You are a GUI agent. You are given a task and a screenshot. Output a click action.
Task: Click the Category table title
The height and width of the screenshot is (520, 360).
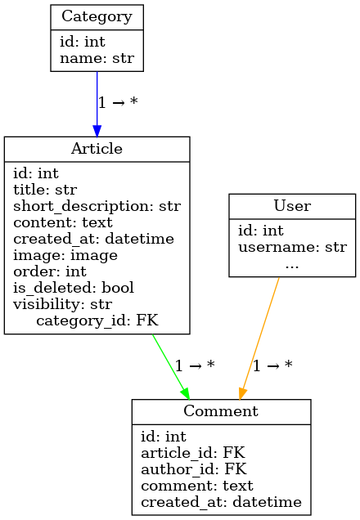click(x=97, y=16)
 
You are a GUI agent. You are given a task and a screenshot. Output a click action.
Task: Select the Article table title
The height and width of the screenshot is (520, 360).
click(x=97, y=148)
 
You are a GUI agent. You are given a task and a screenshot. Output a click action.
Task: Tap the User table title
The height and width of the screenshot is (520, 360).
click(x=292, y=205)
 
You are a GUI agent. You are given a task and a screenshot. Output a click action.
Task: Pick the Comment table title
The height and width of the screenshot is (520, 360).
click(x=221, y=411)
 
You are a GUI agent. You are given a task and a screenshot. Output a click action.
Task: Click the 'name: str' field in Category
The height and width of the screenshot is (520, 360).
click(x=97, y=58)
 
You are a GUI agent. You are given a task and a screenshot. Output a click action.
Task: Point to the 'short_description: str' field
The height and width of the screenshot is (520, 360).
click(x=97, y=206)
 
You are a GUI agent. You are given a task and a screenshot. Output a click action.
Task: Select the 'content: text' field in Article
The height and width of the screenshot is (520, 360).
click(x=63, y=222)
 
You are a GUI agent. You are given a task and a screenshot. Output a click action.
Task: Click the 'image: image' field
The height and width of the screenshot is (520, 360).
click(x=65, y=255)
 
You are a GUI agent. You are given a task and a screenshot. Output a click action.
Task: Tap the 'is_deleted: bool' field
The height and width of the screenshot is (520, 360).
click(x=74, y=288)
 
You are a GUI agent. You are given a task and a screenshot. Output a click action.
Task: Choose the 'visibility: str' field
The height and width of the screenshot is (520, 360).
click(x=63, y=304)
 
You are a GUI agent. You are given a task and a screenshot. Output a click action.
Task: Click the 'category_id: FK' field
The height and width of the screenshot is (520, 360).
click(x=97, y=321)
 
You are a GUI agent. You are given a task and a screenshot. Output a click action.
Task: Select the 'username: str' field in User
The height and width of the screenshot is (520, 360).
click(x=292, y=247)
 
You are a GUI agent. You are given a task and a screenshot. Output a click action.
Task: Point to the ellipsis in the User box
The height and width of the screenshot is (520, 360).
click(x=292, y=266)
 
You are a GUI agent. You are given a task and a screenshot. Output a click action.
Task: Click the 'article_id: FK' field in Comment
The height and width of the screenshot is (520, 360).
click(x=193, y=453)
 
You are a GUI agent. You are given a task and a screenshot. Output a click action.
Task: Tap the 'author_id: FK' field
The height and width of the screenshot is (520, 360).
click(x=194, y=469)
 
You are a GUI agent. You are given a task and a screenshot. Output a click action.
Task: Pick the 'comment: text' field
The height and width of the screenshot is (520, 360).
click(x=197, y=486)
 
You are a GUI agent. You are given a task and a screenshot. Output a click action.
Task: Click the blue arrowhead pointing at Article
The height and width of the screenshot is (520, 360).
click(x=97, y=131)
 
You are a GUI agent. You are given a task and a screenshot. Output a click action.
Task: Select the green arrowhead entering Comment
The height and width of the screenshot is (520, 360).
click(x=186, y=393)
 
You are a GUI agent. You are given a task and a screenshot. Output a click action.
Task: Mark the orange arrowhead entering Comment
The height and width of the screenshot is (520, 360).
click(x=242, y=393)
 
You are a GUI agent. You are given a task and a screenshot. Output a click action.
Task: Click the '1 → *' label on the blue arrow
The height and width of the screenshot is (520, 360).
click(x=118, y=102)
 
